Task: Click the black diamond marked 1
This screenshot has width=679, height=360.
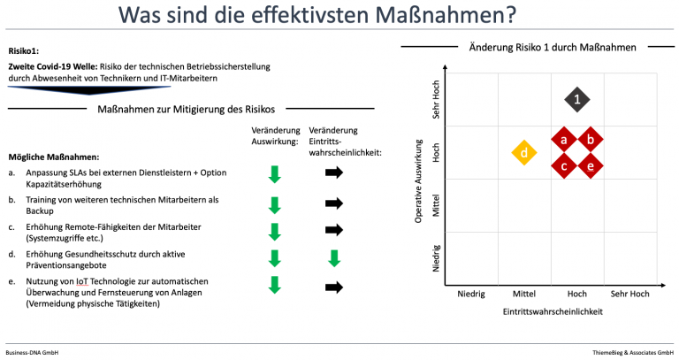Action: click(576, 100)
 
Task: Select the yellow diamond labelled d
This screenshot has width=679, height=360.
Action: click(524, 152)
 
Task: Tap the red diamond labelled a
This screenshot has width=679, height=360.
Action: click(564, 140)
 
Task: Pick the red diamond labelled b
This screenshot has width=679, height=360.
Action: click(591, 140)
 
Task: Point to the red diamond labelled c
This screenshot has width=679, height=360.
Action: click(564, 166)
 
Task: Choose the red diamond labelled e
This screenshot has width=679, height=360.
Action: click(591, 166)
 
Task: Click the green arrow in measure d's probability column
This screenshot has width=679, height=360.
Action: click(334, 258)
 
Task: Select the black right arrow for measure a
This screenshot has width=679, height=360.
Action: click(334, 172)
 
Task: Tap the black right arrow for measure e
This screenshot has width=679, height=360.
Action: click(334, 287)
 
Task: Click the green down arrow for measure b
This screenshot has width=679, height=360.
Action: click(275, 205)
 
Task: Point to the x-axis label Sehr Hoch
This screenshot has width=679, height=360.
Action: click(629, 294)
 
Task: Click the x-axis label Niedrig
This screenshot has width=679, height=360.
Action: click(471, 294)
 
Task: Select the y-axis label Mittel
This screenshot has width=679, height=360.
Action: click(436, 205)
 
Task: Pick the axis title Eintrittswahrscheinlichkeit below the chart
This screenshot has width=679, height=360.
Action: click(553, 311)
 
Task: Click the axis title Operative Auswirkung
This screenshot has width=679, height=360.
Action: click(418, 181)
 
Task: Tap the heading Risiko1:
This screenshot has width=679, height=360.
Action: click(23, 51)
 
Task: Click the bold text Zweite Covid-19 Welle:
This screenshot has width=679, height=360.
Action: click(53, 66)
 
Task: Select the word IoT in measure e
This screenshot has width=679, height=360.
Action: click(82, 281)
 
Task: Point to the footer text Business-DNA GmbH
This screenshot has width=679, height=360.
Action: click(32, 353)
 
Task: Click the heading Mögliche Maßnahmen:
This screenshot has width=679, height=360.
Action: click(54, 157)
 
